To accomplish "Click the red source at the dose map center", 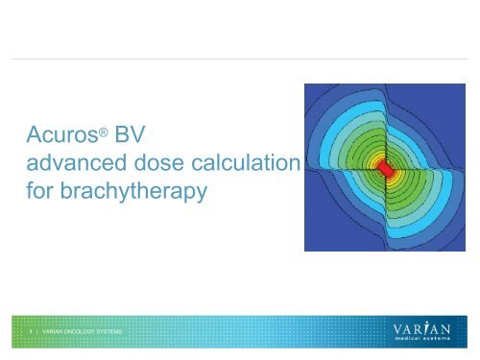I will click(x=385, y=167).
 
